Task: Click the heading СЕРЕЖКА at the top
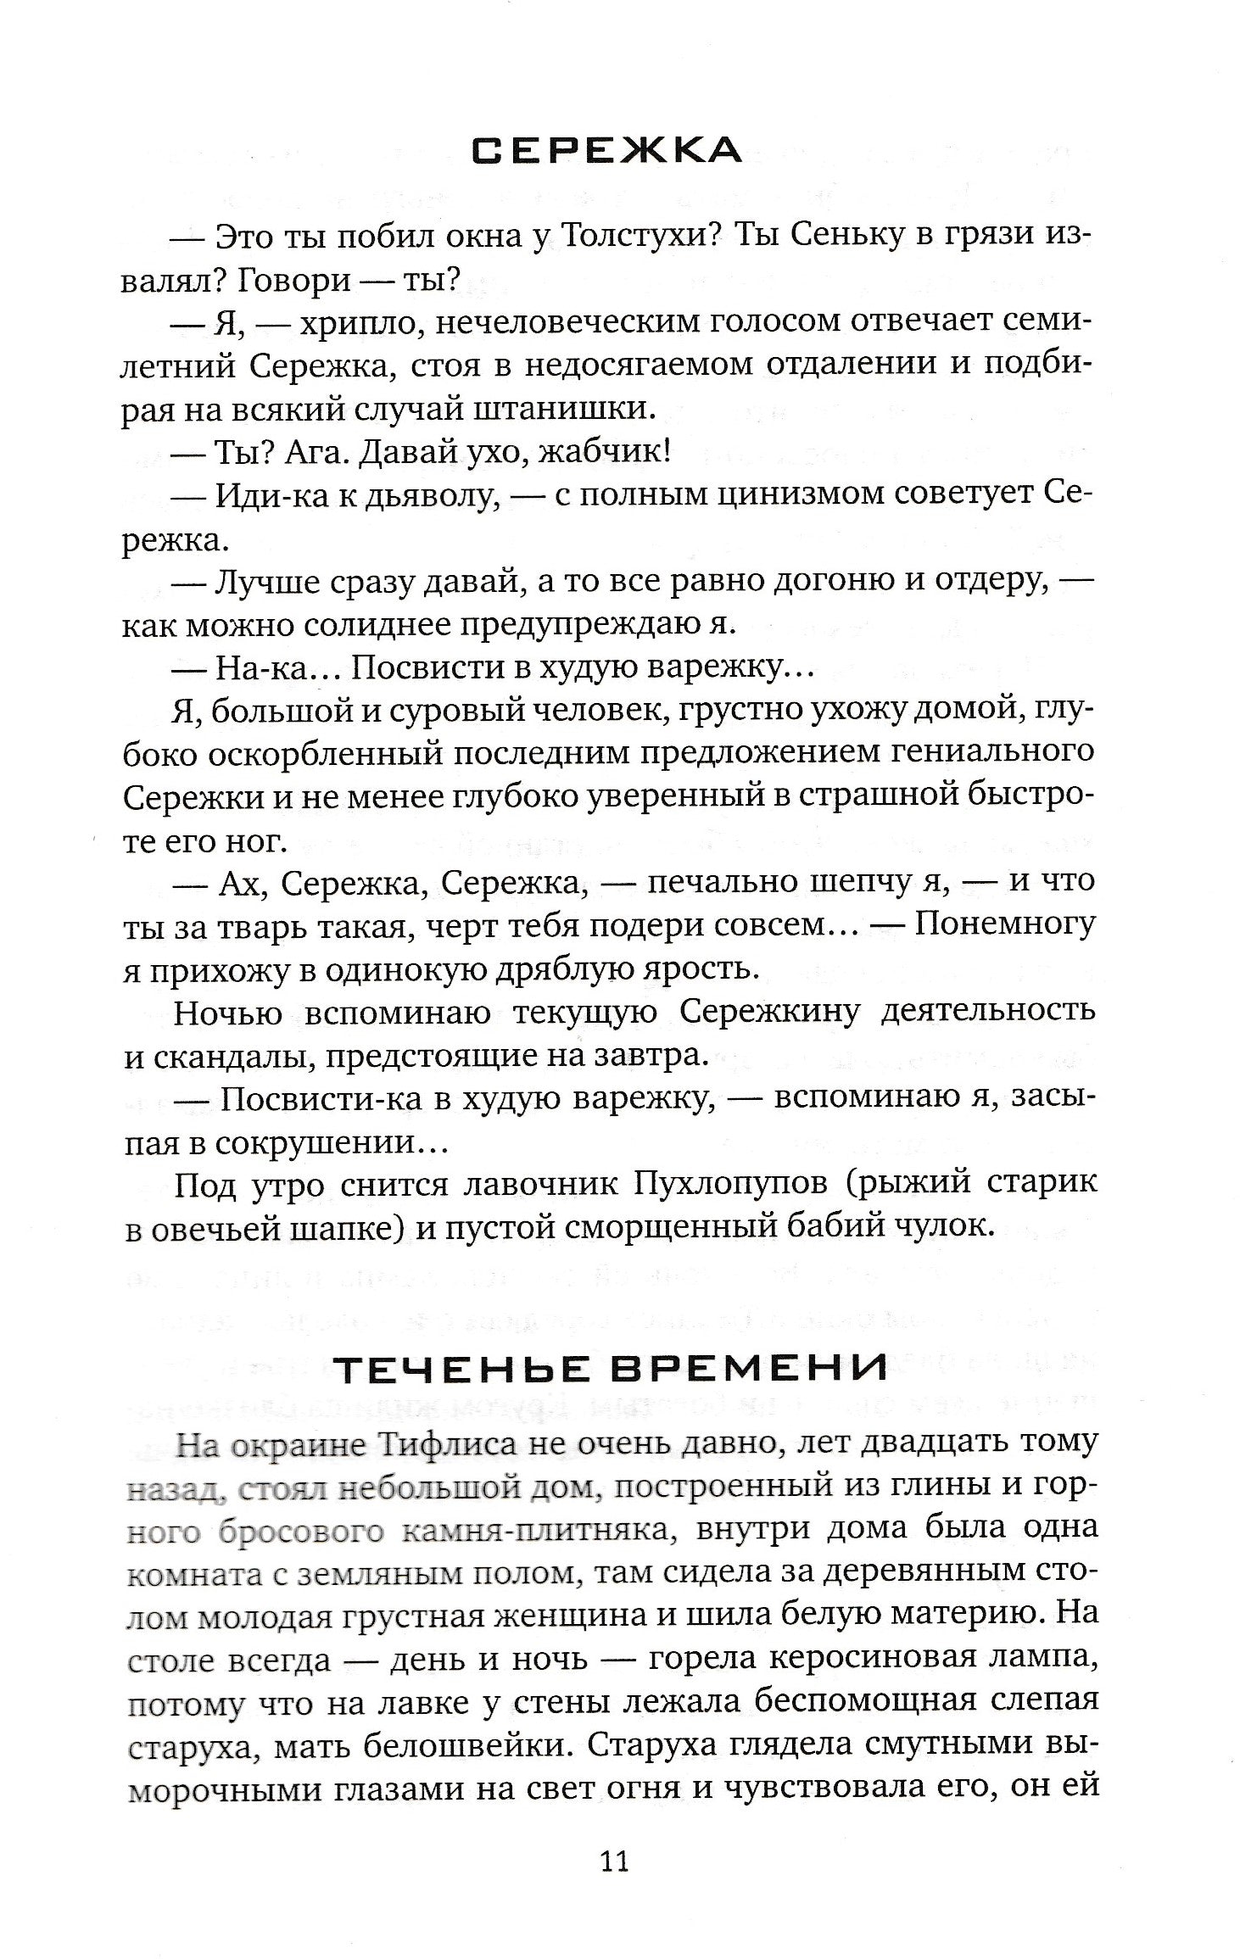click(606, 151)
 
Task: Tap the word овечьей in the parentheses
click(229, 1229)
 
